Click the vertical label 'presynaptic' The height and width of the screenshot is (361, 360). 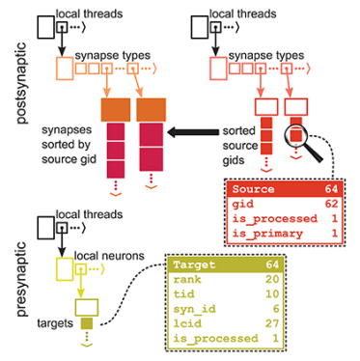click(12, 280)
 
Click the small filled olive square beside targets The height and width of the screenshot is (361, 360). click(85, 320)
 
